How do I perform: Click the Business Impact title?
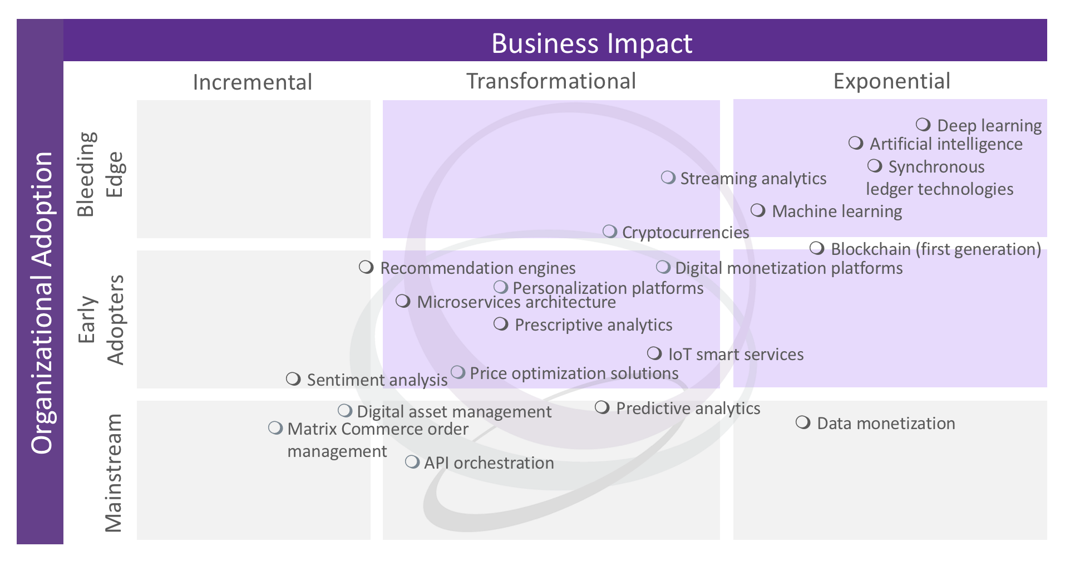click(x=591, y=43)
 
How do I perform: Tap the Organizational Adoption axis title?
click(x=42, y=303)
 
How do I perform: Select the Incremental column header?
click(x=252, y=82)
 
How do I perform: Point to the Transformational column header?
click(x=551, y=81)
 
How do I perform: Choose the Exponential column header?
click(x=891, y=81)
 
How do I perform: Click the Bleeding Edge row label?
click(x=100, y=174)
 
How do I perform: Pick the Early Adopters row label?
click(x=100, y=319)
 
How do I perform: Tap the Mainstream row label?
click(x=113, y=473)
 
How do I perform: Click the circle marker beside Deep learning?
click(x=923, y=124)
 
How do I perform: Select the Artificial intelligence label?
click(x=946, y=144)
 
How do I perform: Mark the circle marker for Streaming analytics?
click(x=668, y=178)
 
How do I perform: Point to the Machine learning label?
click(x=837, y=211)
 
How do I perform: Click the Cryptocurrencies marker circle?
click(x=610, y=231)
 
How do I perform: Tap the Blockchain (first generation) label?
click(x=935, y=249)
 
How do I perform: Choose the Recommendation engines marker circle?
click(x=366, y=267)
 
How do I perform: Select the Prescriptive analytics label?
click(x=593, y=325)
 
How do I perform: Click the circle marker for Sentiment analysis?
click(x=293, y=379)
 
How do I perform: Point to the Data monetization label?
click(x=886, y=424)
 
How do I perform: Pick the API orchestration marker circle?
click(x=412, y=462)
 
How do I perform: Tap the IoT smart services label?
click(x=736, y=355)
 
